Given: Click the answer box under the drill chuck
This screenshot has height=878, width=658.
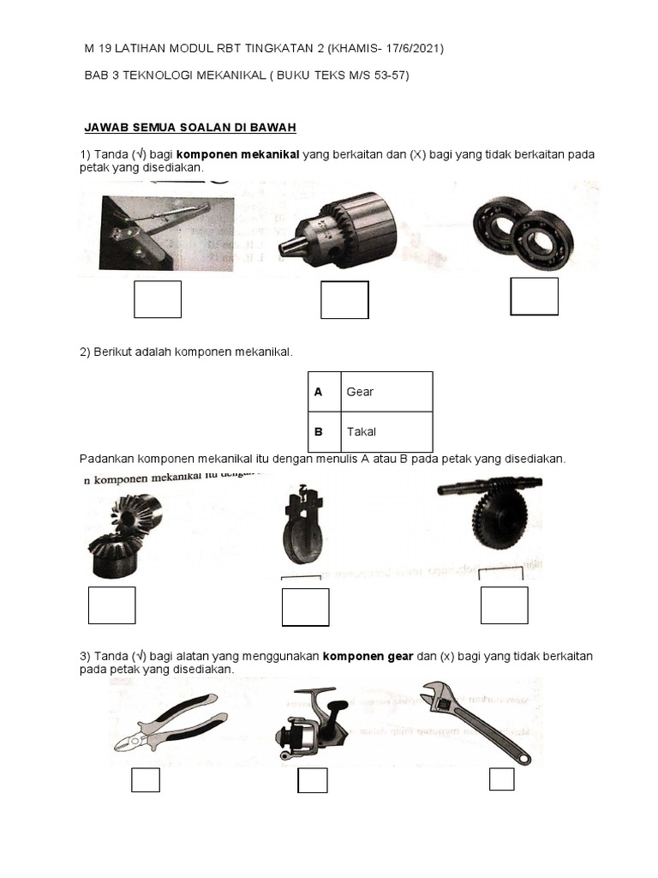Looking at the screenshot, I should [x=344, y=300].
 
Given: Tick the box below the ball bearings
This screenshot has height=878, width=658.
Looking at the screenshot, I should [x=534, y=297].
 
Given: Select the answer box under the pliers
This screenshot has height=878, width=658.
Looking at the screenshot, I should [x=145, y=780].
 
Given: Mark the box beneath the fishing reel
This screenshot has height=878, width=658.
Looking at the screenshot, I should [x=312, y=781].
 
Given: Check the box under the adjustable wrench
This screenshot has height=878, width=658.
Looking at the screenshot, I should [x=501, y=779].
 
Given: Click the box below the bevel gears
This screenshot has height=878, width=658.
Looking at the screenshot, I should [x=111, y=605].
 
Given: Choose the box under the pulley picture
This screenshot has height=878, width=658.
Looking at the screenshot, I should [x=305, y=607].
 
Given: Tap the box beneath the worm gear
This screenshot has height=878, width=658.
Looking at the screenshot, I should [x=504, y=605].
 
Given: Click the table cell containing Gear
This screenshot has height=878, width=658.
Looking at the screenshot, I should [x=386, y=392].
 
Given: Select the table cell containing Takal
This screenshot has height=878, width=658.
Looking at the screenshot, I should [x=386, y=431].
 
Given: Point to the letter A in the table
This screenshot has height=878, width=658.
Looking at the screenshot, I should [x=319, y=392].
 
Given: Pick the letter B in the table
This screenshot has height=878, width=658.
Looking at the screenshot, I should [x=319, y=431].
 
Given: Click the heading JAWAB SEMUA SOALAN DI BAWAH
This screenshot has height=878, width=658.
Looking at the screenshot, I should [x=189, y=128].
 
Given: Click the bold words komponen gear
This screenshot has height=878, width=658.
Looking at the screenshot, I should [x=368, y=656].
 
